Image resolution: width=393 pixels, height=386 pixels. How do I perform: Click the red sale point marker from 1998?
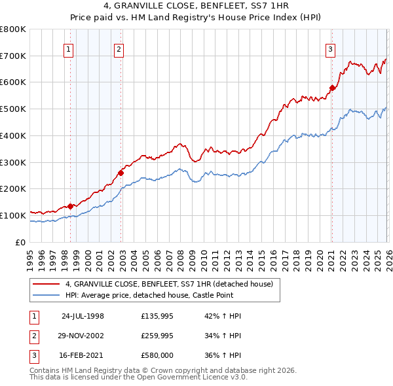(71, 206)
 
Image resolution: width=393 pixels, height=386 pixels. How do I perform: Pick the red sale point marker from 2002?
(121, 173)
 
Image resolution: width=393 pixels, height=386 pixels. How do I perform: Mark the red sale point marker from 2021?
(332, 88)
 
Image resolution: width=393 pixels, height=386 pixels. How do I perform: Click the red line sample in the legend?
(47, 284)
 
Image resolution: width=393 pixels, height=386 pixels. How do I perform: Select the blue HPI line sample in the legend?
(47, 295)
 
